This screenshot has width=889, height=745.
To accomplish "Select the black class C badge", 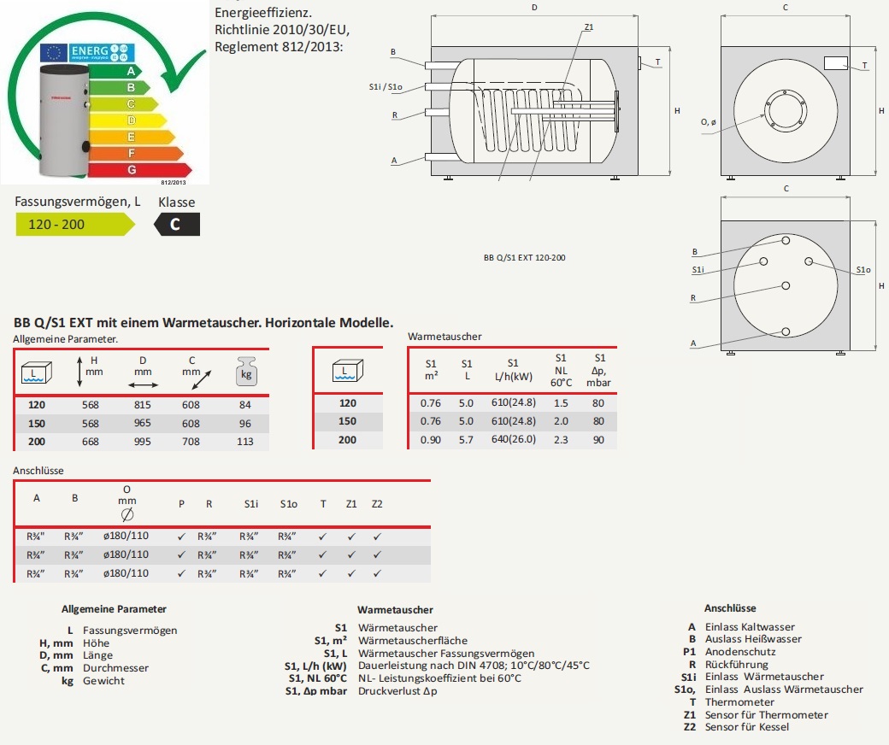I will [176, 225].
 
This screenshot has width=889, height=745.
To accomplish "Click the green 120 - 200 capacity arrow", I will [74, 225].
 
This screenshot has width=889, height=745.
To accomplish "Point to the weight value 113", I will [245, 442].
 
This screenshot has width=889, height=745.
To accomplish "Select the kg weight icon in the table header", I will [245, 373].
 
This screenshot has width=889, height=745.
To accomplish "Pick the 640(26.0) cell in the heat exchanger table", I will [515, 440].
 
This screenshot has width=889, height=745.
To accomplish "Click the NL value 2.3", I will [561, 440].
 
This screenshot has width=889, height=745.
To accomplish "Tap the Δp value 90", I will [598, 440].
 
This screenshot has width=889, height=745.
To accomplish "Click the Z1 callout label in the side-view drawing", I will [589, 27].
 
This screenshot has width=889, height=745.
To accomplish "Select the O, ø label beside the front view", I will [709, 122].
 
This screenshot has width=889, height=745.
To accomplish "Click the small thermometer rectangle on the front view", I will [835, 63].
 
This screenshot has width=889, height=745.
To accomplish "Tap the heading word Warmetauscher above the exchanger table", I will [444, 337].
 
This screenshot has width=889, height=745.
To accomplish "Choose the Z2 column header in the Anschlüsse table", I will [377, 503].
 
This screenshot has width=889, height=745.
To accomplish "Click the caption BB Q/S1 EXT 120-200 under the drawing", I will [524, 256].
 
